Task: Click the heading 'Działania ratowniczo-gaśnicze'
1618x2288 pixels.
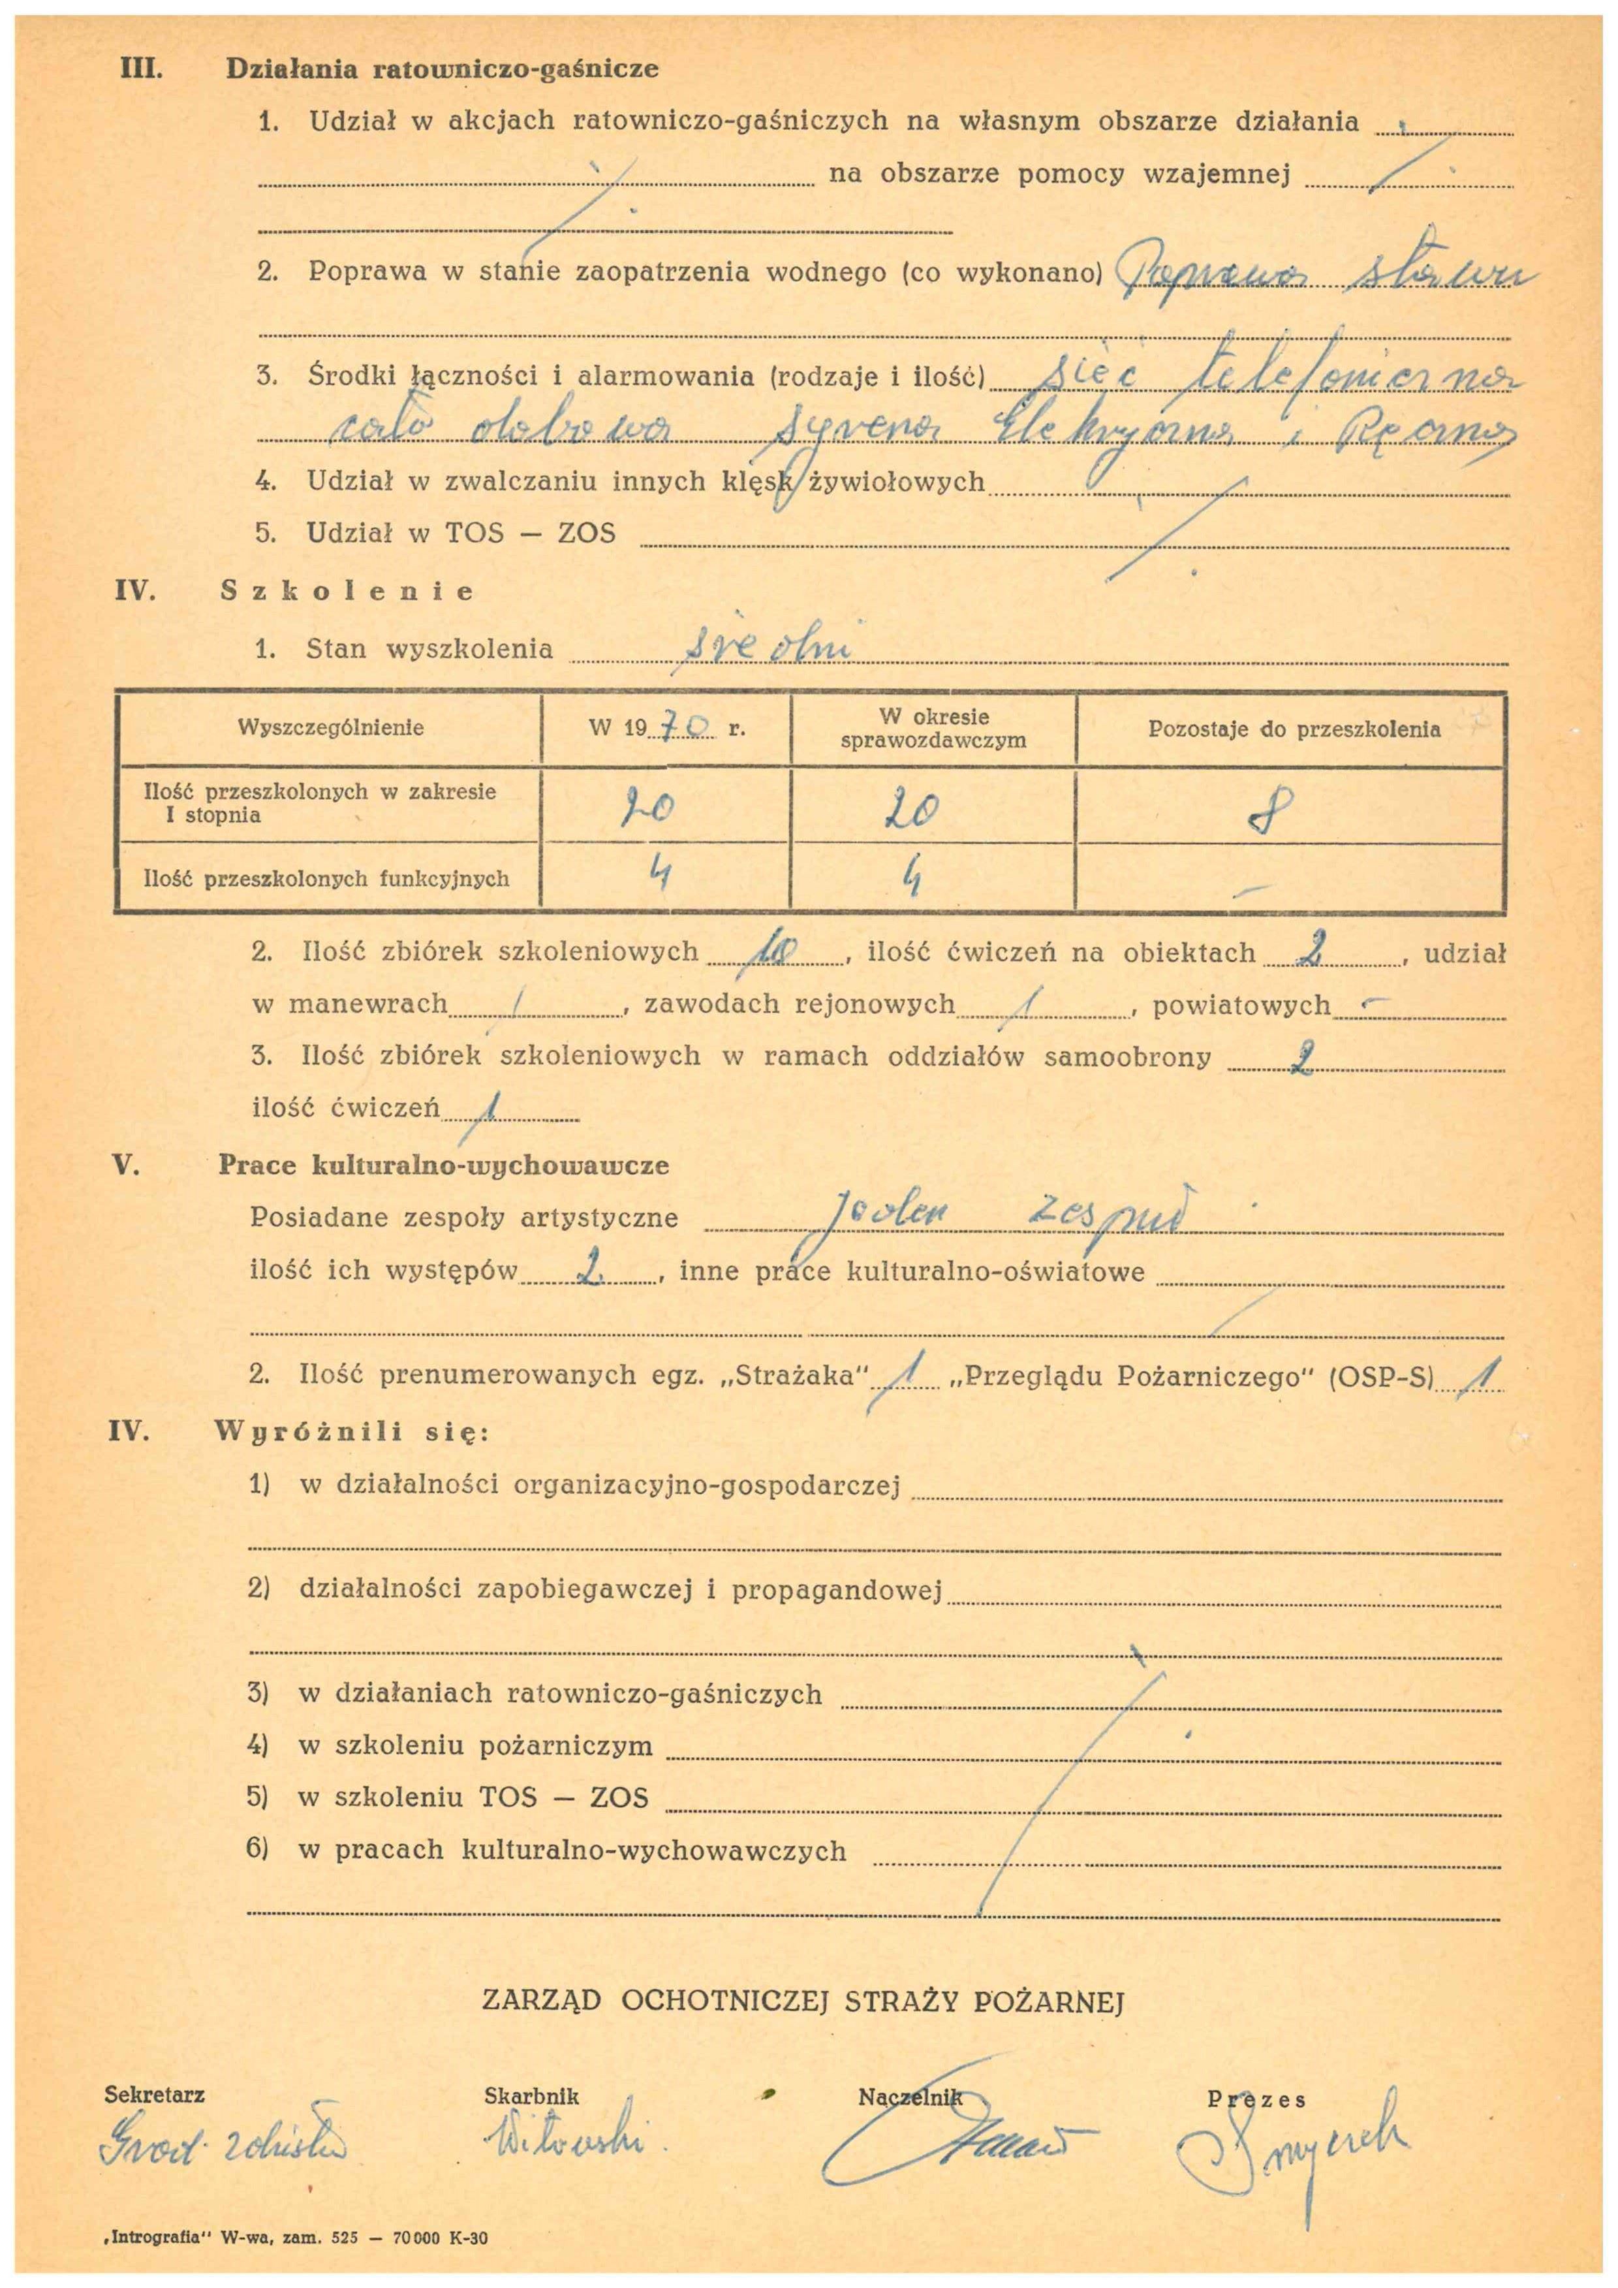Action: point(443,70)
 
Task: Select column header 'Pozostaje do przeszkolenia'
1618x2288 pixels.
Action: point(1293,729)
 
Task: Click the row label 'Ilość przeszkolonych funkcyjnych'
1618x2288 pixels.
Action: point(327,879)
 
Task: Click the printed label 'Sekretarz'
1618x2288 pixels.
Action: point(155,2095)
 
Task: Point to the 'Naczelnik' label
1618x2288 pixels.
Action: point(910,2097)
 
